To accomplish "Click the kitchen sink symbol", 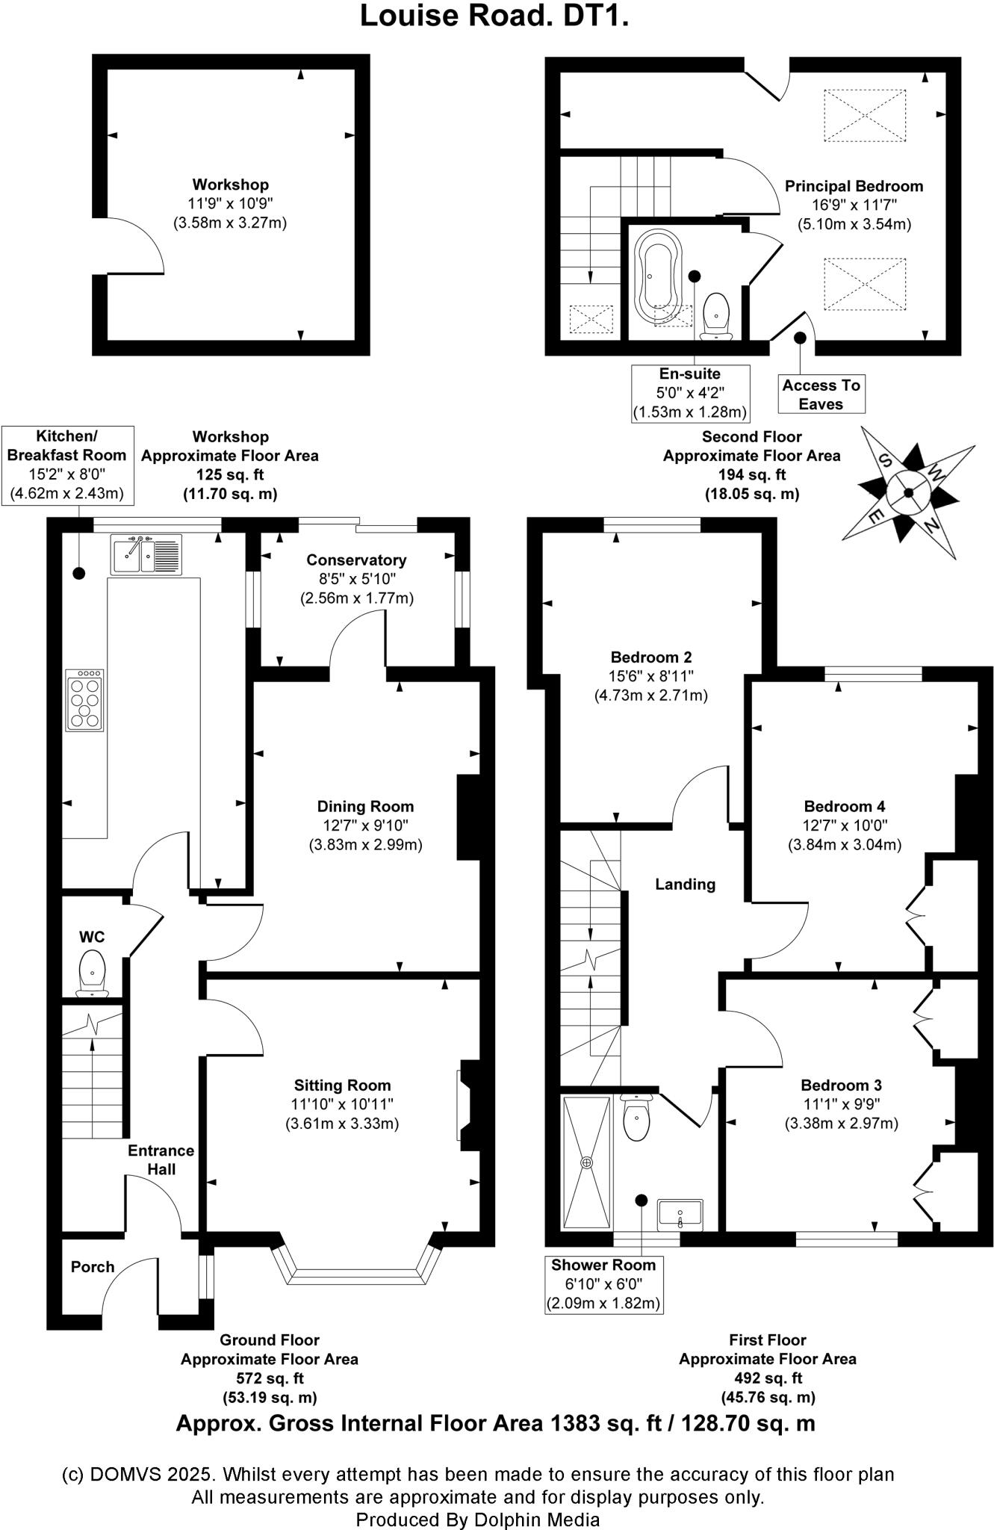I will (146, 554).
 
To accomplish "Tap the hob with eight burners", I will (84, 700).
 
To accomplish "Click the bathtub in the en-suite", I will (657, 276).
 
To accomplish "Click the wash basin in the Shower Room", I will (680, 1215).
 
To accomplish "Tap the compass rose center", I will (909, 492).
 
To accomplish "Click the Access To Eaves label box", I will (821, 394).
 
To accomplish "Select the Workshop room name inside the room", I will (230, 185).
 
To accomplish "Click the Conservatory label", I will (356, 560).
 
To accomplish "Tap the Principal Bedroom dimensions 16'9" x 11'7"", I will (854, 205).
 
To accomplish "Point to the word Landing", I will (685, 885).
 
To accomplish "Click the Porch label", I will (93, 1267).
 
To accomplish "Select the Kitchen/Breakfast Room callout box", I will (67, 465).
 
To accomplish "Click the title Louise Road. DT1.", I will (494, 16).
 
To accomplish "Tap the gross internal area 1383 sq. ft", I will (495, 1423).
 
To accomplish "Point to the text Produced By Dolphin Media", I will (477, 1519).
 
